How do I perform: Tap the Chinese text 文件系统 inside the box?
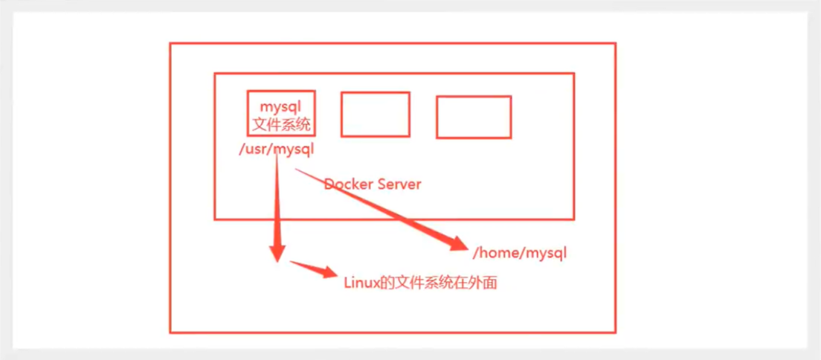[x=281, y=125]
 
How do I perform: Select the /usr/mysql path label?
[x=276, y=150]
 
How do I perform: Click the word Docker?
[x=349, y=184]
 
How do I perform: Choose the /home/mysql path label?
[x=519, y=254]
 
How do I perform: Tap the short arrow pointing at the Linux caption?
[x=314, y=269]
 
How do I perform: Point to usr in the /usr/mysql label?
[x=255, y=150]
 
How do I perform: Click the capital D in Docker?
[x=329, y=184]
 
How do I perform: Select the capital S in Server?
[x=382, y=184]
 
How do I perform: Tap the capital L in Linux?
[x=347, y=283]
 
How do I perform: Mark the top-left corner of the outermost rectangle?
[x=170, y=43]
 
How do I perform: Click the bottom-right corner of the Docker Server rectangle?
[x=574, y=219]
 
